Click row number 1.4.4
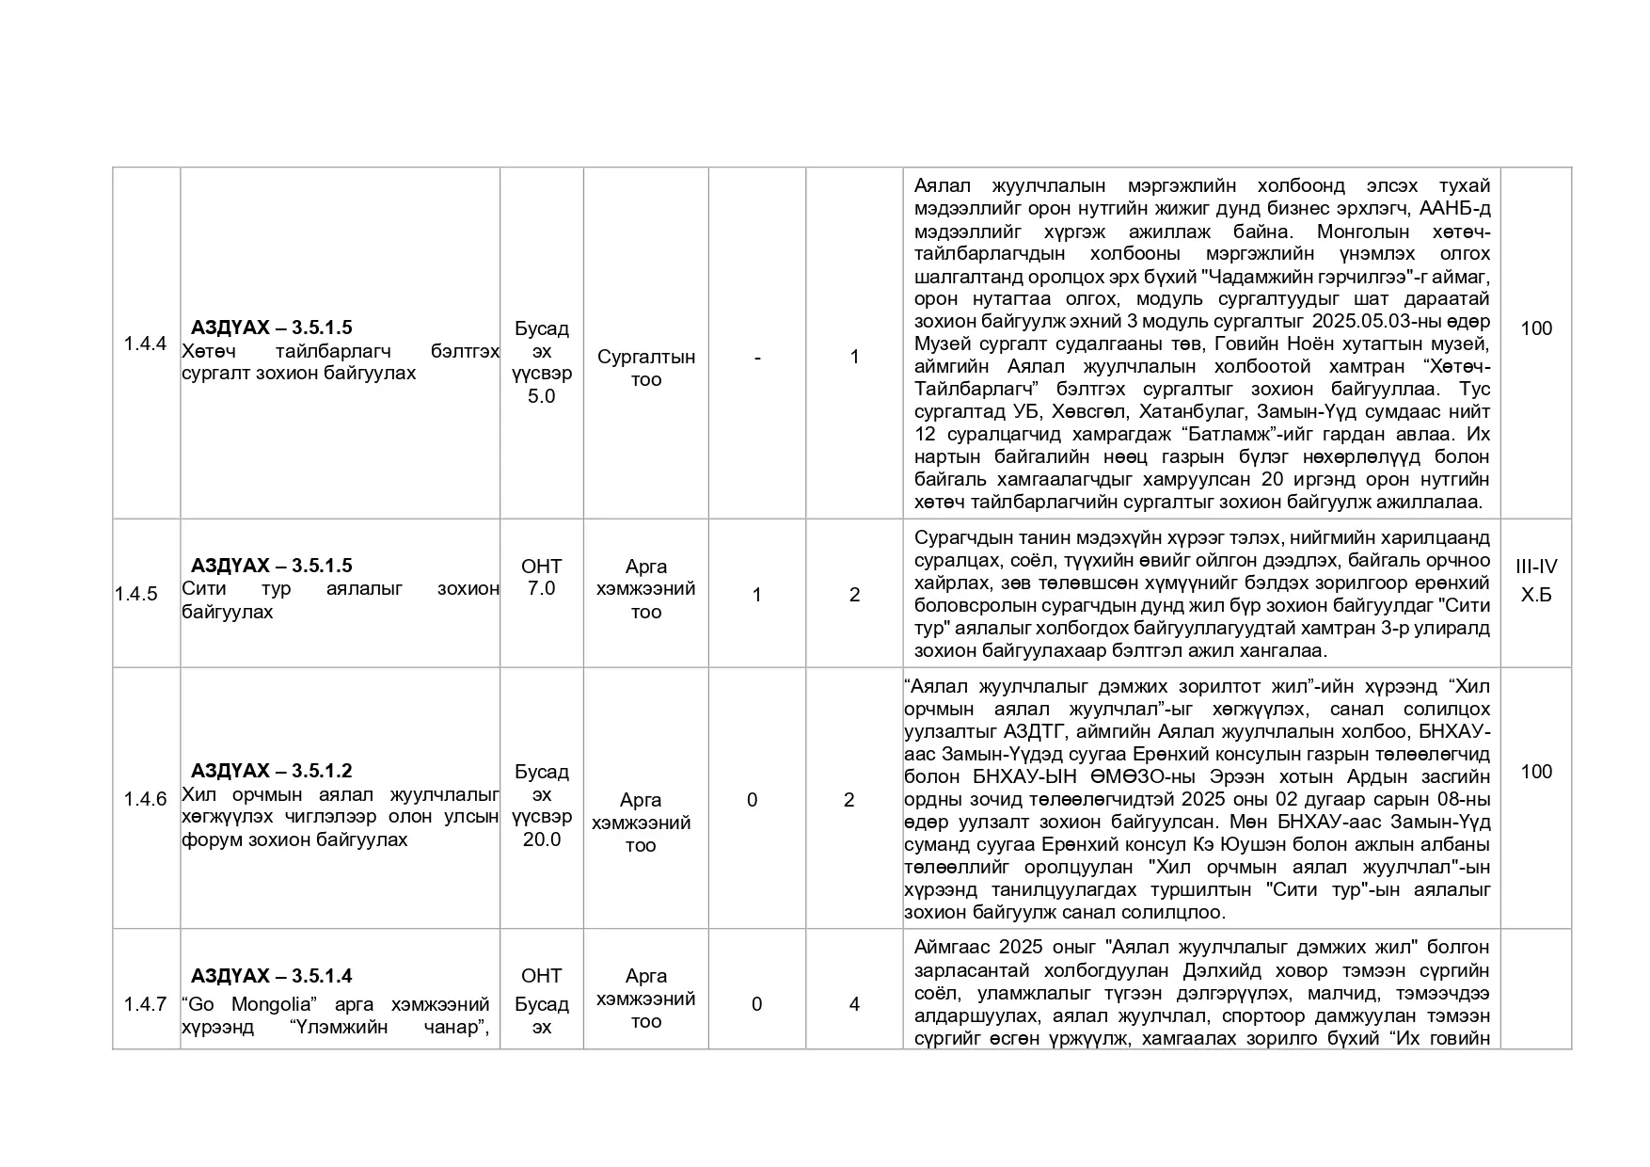(x=145, y=344)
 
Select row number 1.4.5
(x=136, y=594)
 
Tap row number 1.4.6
(x=145, y=799)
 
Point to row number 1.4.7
(x=145, y=1004)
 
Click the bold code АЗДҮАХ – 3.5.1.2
(x=271, y=771)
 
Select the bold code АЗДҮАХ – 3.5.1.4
(x=271, y=976)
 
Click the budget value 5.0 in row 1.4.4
(x=541, y=396)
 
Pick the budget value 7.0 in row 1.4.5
(x=541, y=588)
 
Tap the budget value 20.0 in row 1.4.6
(x=541, y=839)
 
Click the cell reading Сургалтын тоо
(x=645, y=368)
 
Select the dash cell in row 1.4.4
(x=757, y=357)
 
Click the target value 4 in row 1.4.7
(x=854, y=1004)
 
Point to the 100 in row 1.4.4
(x=1536, y=328)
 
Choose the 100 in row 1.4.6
(x=1536, y=772)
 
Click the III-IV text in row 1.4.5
(x=1536, y=567)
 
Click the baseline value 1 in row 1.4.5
(x=756, y=595)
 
